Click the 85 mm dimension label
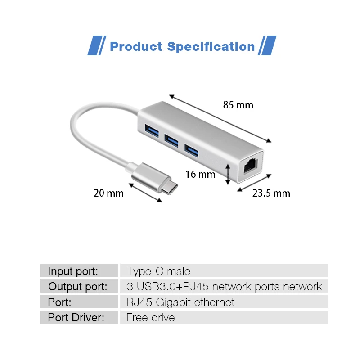[x=238, y=105]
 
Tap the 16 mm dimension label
[x=200, y=174]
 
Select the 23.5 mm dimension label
[x=271, y=193]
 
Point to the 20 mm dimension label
[x=108, y=193]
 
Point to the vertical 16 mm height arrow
[x=229, y=174]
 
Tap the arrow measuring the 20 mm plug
[x=146, y=192]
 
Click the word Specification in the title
[x=211, y=47]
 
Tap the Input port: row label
[x=73, y=271]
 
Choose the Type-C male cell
[x=158, y=271]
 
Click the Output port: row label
[x=78, y=286]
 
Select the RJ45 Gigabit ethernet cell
[x=180, y=302]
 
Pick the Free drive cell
[x=150, y=317]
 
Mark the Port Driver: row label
[x=76, y=317]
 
